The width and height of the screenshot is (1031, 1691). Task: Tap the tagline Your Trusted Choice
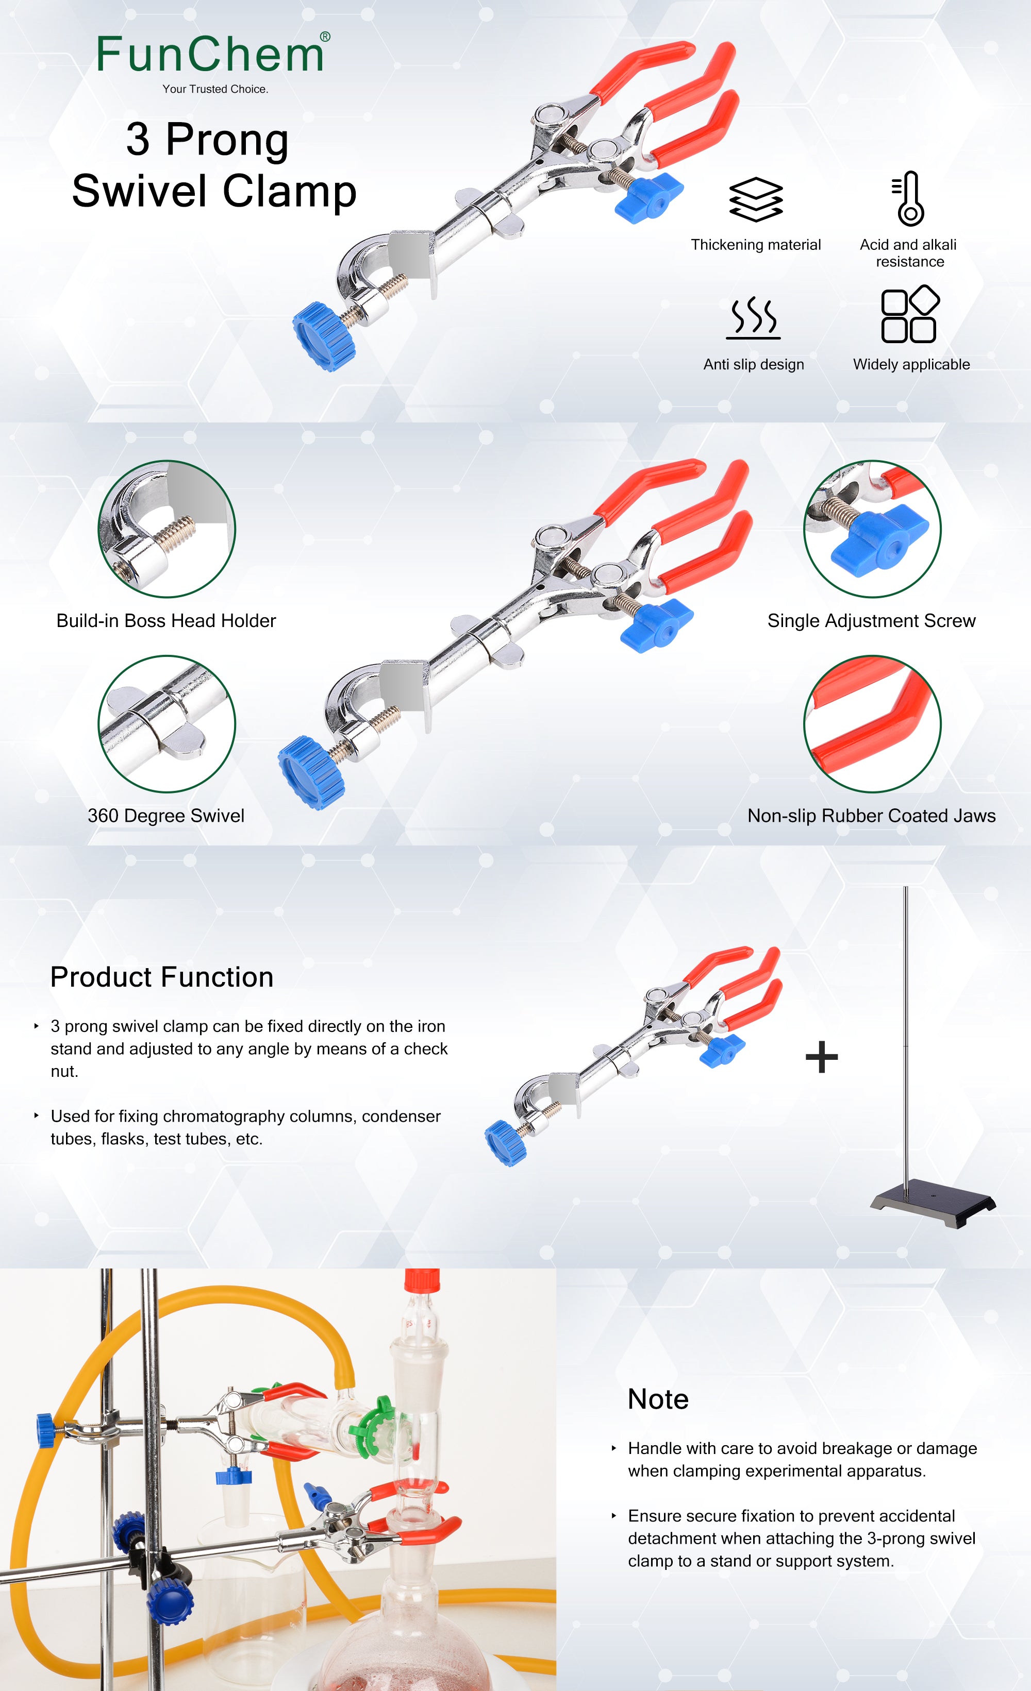[215, 89]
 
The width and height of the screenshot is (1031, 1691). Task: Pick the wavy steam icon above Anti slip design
[754, 318]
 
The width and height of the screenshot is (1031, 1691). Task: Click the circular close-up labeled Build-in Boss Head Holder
[167, 529]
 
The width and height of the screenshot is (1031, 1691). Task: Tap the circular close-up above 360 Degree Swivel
[167, 723]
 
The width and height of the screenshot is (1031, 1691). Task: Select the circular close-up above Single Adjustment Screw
[872, 529]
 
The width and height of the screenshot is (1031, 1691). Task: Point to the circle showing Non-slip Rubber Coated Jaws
[872, 723]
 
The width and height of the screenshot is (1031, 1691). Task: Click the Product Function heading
[162, 976]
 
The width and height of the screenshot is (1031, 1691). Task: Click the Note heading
[658, 1399]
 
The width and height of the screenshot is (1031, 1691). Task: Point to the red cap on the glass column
[422, 1280]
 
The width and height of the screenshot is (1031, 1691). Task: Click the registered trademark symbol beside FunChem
[325, 37]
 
